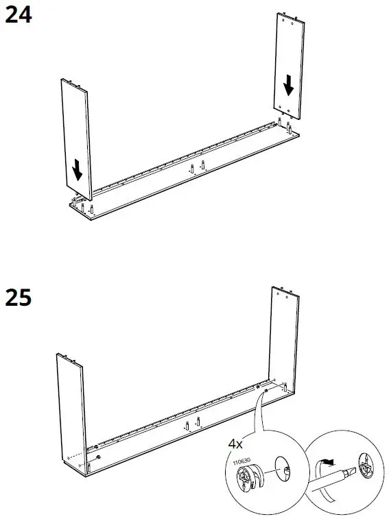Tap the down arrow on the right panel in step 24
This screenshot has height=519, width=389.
pos(289,86)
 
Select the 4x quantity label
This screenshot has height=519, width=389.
pos(236,444)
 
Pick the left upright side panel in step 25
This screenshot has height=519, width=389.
pos(70,411)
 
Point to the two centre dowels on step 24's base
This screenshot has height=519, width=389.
pos(197,167)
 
